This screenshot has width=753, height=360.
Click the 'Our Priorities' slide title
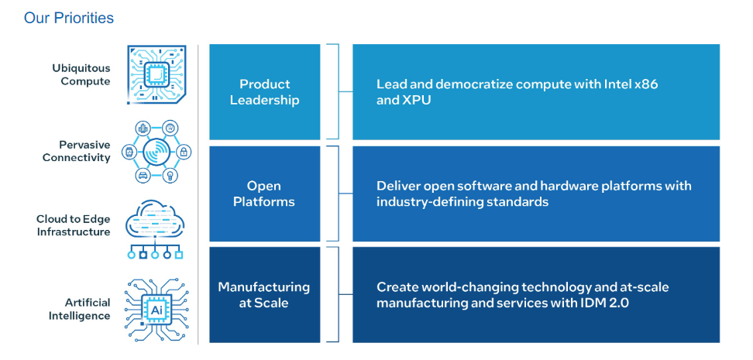pyautogui.click(x=69, y=19)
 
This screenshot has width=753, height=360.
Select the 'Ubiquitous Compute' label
pyautogui.click(x=81, y=75)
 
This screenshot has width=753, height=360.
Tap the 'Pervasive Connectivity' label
pyautogui.click(x=77, y=151)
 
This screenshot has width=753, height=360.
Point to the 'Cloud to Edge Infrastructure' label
pyautogui.click(x=73, y=225)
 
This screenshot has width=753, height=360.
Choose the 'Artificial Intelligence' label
pyautogui.click(x=79, y=309)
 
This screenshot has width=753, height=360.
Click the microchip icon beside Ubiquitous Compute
pyautogui.click(x=156, y=75)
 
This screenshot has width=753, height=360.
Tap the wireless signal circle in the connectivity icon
pyautogui.click(x=156, y=153)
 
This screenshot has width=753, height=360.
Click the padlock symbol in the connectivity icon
pyautogui.click(x=184, y=153)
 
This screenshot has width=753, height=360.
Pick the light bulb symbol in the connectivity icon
pyautogui.click(x=170, y=175)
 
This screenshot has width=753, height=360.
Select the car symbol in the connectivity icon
pyautogui.click(x=143, y=175)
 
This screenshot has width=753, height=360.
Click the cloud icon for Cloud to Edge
pyautogui.click(x=155, y=221)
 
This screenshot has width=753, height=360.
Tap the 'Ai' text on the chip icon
pyautogui.click(x=156, y=310)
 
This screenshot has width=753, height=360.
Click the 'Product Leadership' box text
pyautogui.click(x=265, y=92)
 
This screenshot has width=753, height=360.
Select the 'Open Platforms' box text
pyautogui.click(x=264, y=194)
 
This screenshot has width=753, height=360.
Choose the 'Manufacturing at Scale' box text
pyautogui.click(x=264, y=295)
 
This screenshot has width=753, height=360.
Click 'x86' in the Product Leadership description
pyautogui.click(x=645, y=84)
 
